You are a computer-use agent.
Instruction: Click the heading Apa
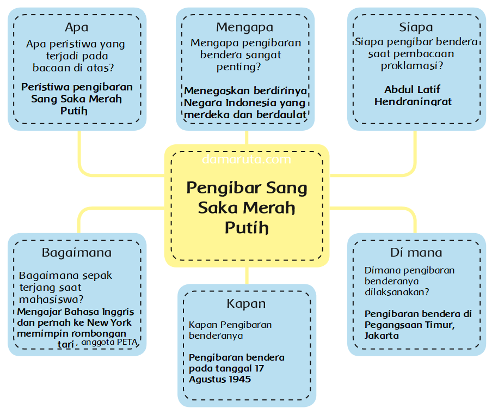(76, 27)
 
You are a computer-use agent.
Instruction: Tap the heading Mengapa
(244, 27)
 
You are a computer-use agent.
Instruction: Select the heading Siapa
(416, 27)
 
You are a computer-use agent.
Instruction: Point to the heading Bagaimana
(76, 253)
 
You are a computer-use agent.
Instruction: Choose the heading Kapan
(246, 303)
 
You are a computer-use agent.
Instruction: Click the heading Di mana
(416, 253)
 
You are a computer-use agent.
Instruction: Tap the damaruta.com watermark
(246, 160)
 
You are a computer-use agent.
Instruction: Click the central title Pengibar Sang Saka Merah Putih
(247, 207)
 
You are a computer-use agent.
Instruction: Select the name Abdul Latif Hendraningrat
(413, 95)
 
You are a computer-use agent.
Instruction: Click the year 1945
(239, 379)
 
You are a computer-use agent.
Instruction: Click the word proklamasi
(411, 66)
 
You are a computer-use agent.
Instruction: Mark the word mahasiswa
(51, 299)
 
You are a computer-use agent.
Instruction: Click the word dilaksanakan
(396, 292)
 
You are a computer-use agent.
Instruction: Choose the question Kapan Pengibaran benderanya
(230, 330)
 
